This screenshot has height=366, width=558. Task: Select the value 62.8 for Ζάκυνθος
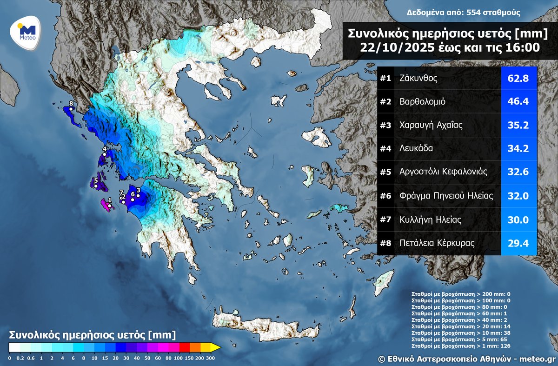click(x=518, y=78)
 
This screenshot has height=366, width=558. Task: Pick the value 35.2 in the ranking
click(x=518, y=125)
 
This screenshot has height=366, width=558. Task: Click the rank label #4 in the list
click(x=385, y=149)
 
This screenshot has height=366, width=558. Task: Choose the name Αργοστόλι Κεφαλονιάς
click(x=443, y=172)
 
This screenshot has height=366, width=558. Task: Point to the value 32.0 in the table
click(x=518, y=196)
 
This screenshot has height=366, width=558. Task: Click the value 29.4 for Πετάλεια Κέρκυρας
click(x=518, y=243)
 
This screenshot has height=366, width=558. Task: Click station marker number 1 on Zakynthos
click(x=109, y=206)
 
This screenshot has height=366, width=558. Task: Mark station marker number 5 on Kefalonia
click(x=96, y=186)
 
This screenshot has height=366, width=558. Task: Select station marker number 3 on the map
click(x=138, y=196)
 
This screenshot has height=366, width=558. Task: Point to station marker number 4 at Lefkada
click(x=105, y=154)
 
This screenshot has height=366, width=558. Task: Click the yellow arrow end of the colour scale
click(x=215, y=347)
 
